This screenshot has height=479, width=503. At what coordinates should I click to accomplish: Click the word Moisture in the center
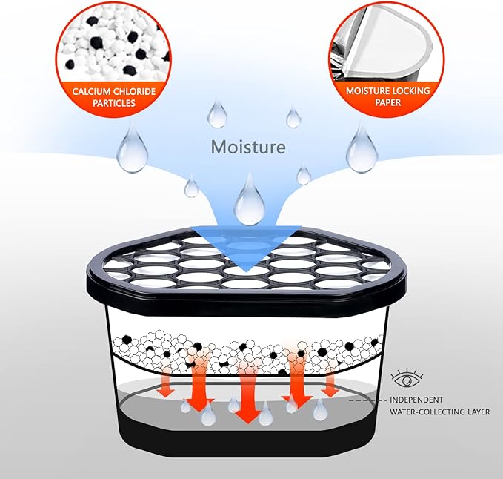point(248,147)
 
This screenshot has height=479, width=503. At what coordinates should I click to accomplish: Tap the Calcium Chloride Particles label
point(114,97)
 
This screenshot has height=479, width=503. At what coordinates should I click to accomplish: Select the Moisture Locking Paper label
point(384,97)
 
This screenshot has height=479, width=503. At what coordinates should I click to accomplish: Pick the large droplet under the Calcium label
point(133,148)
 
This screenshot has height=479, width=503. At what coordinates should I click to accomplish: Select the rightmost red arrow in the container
point(329,382)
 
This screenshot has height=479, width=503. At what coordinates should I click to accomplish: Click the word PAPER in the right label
point(384,103)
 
